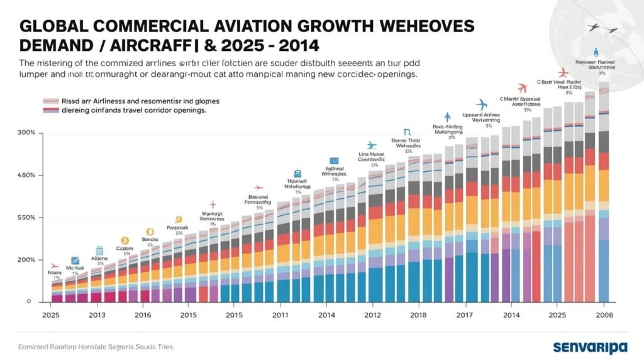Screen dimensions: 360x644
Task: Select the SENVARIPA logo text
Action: [x=591, y=347]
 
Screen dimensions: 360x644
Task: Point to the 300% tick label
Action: [x=26, y=133]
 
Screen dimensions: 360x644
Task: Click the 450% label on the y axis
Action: [x=26, y=175]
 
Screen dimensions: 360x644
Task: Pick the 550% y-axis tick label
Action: [x=26, y=217]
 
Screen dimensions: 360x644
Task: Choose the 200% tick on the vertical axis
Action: [x=26, y=259]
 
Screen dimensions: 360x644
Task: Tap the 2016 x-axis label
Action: [x=143, y=314]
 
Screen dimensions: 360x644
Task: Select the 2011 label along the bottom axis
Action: [x=280, y=314]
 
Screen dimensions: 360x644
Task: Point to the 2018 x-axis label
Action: [x=418, y=314]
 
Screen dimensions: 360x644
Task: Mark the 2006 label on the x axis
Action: [x=604, y=314]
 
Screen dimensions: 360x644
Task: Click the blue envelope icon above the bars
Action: [x=333, y=161]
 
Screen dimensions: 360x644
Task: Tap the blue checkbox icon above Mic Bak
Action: [x=75, y=261]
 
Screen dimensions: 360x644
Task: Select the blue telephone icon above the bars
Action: [x=297, y=174]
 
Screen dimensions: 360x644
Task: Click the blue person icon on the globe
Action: [x=595, y=53]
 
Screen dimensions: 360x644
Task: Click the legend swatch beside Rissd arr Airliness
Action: [x=50, y=101]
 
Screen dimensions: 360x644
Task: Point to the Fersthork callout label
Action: [x=178, y=227]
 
